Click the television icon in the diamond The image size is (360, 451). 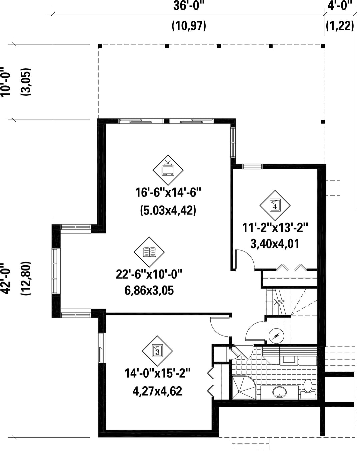coord(168,168)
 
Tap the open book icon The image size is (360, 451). coord(149,252)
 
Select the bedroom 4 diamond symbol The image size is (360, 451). coord(275,205)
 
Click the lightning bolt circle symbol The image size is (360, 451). coord(276,336)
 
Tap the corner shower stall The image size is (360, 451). coord(244,388)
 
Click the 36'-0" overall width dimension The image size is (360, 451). coord(188,5)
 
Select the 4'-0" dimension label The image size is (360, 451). coord(340,5)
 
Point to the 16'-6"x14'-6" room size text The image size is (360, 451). coord(168,192)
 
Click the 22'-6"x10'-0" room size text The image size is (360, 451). coord(149,274)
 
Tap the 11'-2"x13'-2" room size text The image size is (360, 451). coord(275,227)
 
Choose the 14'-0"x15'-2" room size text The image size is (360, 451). coord(157,373)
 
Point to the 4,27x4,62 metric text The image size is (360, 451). coord(157,391)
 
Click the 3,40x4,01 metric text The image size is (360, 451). coord(275,244)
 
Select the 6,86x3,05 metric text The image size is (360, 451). coord(149,291)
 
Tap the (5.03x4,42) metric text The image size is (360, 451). coord(168,210)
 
